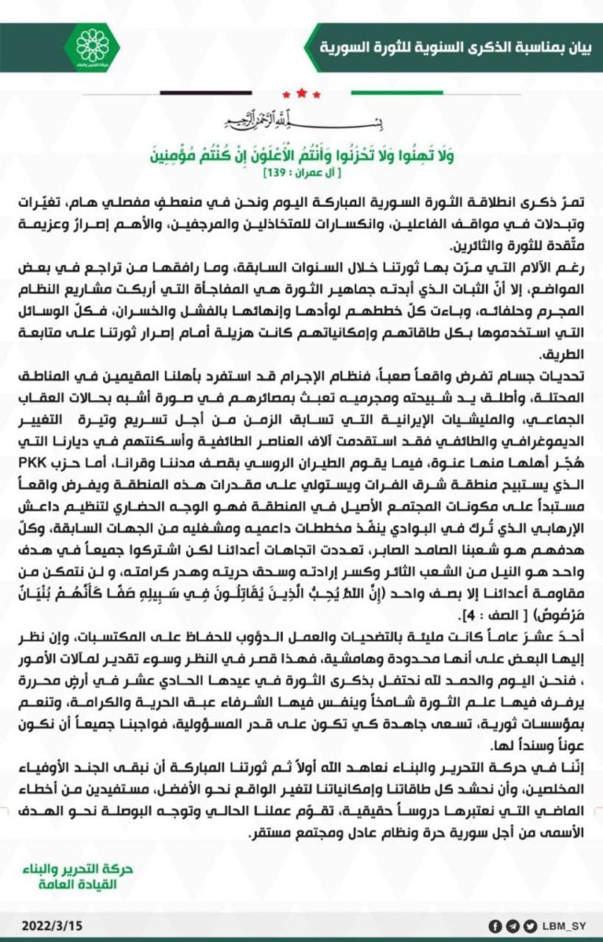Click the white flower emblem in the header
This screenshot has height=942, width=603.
coord(91,46)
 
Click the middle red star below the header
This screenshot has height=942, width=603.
coord(301,93)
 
